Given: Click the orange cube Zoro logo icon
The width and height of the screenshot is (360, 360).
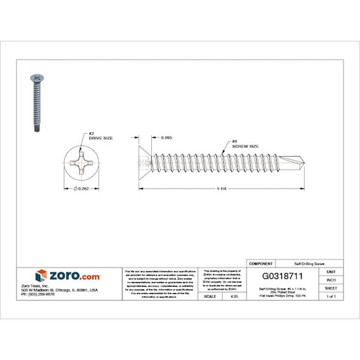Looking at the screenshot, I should [x=41, y=276].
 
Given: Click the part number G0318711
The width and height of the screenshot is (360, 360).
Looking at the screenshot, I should [x=283, y=276].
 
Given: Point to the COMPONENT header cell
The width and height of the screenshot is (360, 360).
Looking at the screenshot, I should [x=261, y=263].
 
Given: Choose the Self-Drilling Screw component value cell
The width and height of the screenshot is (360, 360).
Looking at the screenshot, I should [x=309, y=263].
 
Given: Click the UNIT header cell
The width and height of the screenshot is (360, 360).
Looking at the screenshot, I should [x=331, y=271].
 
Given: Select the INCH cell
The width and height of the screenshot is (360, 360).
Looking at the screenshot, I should [x=331, y=279].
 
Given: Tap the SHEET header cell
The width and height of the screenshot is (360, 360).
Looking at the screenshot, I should [x=331, y=288].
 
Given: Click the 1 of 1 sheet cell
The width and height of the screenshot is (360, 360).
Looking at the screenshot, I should [x=331, y=296].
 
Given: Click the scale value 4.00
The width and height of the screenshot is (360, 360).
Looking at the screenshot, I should [x=235, y=296].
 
